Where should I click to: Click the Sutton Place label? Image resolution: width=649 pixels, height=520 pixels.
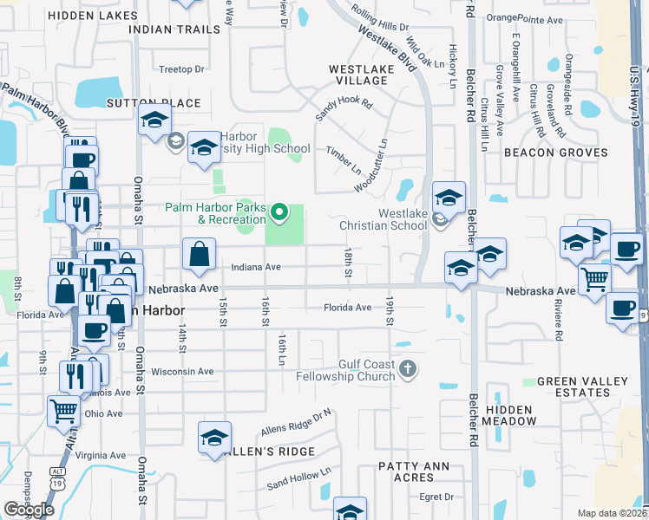pyautogui.click(x=154, y=103)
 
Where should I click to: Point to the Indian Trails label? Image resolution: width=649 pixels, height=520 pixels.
pyautogui.click(x=174, y=29)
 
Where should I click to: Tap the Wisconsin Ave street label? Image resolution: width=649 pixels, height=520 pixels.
pyautogui.click(x=182, y=371)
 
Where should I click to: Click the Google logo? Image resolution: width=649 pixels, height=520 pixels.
pyautogui.click(x=29, y=510)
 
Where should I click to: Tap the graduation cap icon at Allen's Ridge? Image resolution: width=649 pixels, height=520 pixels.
pyautogui.click(x=214, y=438)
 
